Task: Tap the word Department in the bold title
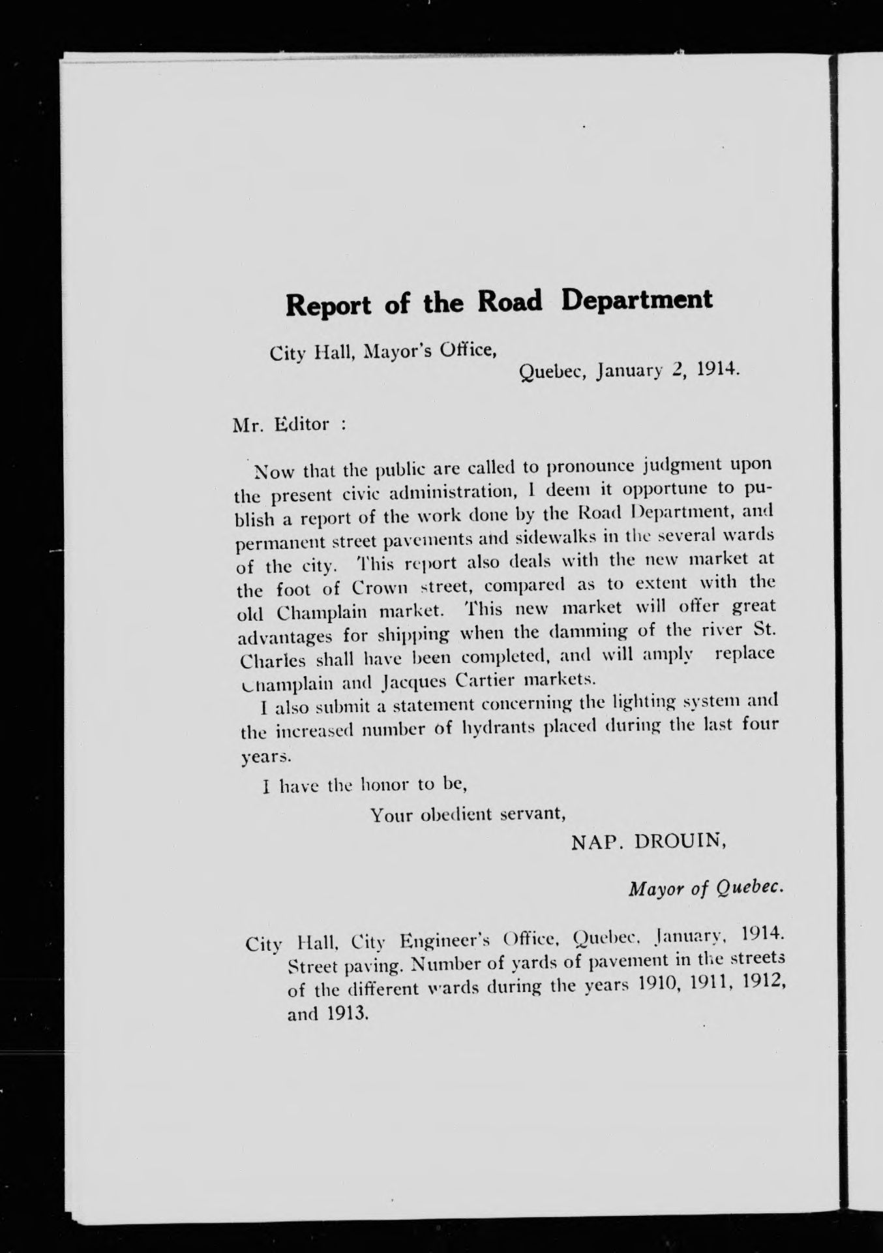click(637, 302)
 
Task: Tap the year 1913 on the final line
click(346, 1014)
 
